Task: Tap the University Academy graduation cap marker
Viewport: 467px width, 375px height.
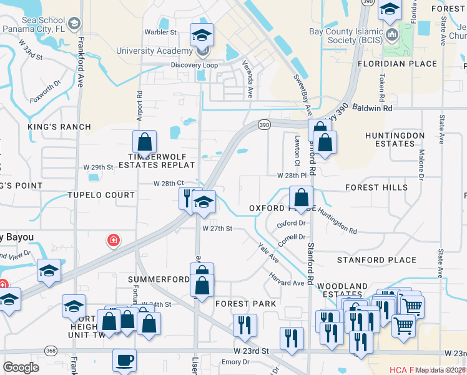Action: tap(202, 35)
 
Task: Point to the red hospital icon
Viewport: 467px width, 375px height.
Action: tap(113, 241)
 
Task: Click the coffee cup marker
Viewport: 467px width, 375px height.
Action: tap(124, 360)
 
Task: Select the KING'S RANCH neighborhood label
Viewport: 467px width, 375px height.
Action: tap(59, 127)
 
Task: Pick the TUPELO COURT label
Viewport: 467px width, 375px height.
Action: tap(101, 195)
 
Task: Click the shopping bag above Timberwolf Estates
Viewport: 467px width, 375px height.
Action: tap(144, 142)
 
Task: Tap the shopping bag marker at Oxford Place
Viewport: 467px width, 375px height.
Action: tap(301, 197)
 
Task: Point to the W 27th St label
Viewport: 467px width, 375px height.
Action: tap(217, 229)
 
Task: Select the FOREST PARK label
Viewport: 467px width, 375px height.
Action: tap(245, 304)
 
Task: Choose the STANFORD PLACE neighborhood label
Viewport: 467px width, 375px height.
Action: tap(376, 260)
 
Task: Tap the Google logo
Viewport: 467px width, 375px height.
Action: tap(21, 367)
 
